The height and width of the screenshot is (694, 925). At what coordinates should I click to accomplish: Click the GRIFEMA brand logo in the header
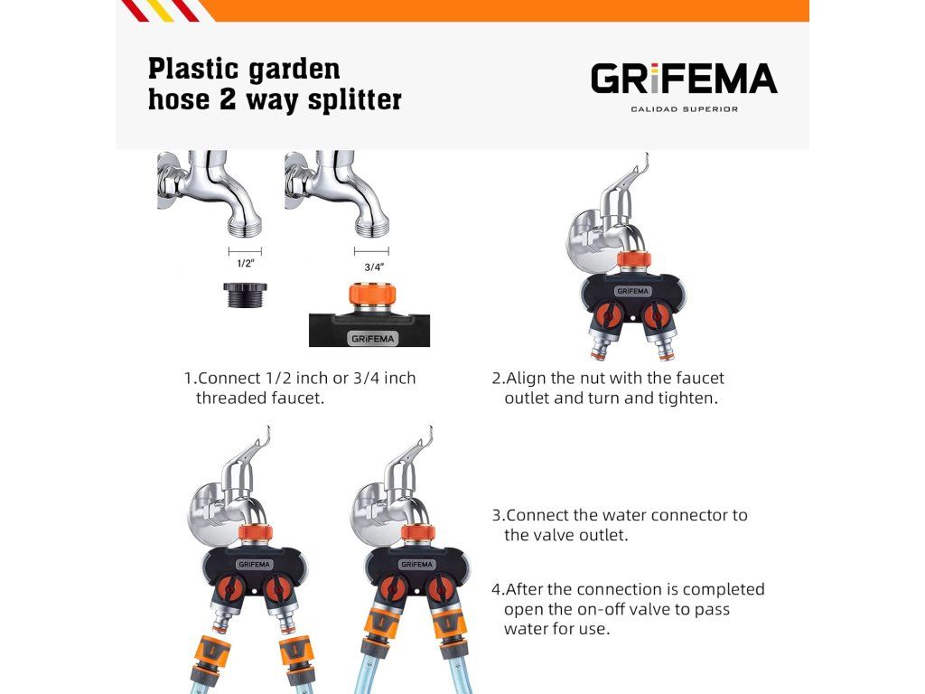[684, 79]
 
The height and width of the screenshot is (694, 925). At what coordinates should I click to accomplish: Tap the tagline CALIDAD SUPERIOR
[684, 109]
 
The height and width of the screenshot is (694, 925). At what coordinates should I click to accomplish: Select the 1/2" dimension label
[244, 264]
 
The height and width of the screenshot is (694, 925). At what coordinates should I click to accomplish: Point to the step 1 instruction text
[300, 388]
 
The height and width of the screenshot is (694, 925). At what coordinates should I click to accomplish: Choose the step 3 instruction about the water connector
[621, 525]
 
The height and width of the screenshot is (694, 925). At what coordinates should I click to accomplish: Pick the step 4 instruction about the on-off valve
[629, 608]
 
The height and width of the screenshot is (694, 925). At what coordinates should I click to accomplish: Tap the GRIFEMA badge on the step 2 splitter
[632, 292]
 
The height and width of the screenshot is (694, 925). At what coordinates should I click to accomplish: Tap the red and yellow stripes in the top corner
[163, 10]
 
